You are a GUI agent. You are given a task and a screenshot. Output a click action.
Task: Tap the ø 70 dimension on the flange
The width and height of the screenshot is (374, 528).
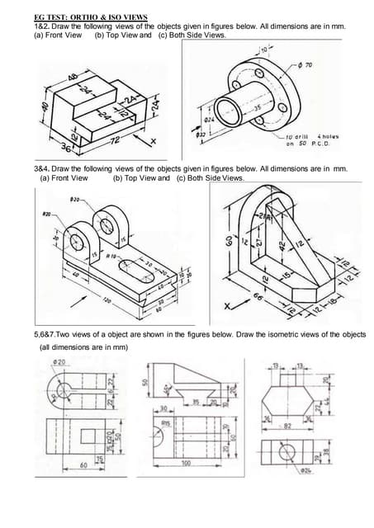tap(311, 64)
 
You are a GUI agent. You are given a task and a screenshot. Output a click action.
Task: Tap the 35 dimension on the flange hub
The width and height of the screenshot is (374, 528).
tap(257, 107)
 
